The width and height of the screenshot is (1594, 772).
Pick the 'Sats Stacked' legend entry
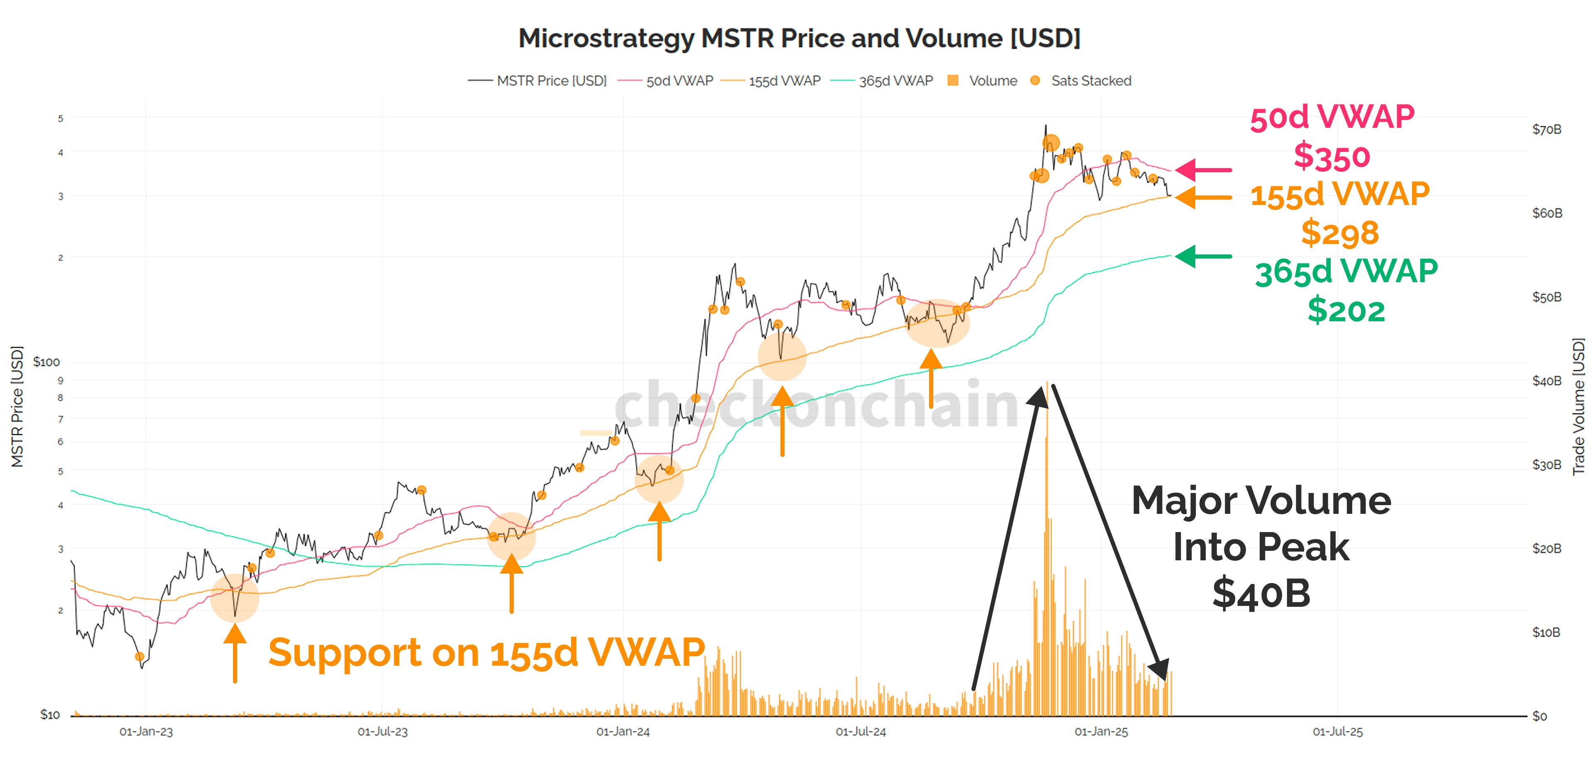coord(1090,81)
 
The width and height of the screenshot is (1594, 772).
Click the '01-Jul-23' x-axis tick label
coord(383,732)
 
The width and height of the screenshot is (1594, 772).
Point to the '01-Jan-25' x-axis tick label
coord(1101,732)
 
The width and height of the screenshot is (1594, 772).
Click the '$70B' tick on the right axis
coord(1546,129)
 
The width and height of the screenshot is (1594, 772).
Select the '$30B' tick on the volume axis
coord(1546,464)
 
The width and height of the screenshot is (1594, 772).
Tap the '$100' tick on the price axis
coord(47,362)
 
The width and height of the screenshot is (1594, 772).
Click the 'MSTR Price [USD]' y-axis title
coord(17,406)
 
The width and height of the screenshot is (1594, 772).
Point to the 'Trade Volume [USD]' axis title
coord(1579,406)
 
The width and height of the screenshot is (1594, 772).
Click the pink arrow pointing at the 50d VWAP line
coord(1204,169)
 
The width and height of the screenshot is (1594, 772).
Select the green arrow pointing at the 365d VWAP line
coord(1204,256)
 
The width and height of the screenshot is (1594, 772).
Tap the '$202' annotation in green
coord(1346,310)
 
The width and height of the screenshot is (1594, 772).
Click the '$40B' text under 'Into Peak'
coord(1260,593)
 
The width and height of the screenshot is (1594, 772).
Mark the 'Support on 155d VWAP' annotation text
coord(486,652)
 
